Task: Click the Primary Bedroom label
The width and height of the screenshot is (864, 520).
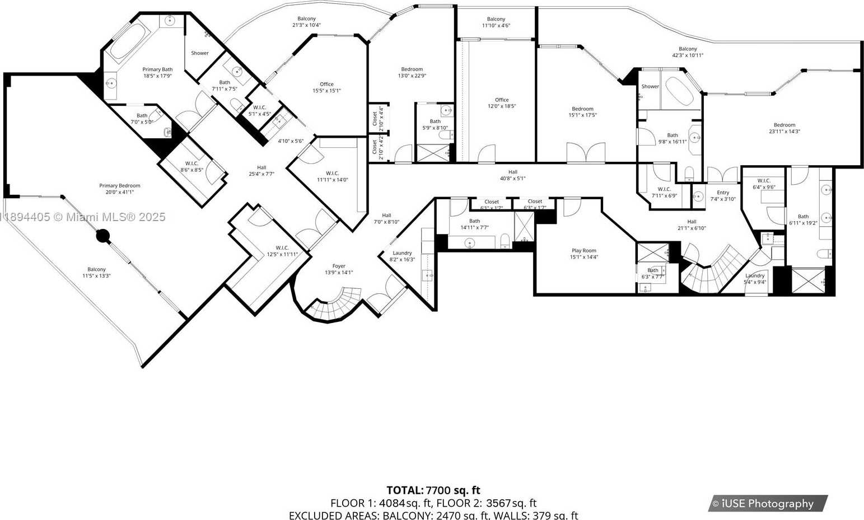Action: tap(120, 185)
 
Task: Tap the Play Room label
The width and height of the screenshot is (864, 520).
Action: tap(583, 251)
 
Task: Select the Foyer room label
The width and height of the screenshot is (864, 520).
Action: tap(339, 266)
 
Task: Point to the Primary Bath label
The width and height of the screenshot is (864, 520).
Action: tap(157, 69)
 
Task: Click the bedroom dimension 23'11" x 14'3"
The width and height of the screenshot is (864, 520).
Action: tap(784, 132)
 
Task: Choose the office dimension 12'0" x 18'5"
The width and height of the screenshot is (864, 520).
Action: tap(501, 106)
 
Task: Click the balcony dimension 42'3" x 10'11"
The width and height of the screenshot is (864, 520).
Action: tap(688, 55)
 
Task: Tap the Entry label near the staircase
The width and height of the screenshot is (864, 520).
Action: tap(723, 193)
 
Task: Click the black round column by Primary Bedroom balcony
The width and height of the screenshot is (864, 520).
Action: tap(102, 236)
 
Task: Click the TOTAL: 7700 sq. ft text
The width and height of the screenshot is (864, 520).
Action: tap(433, 490)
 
